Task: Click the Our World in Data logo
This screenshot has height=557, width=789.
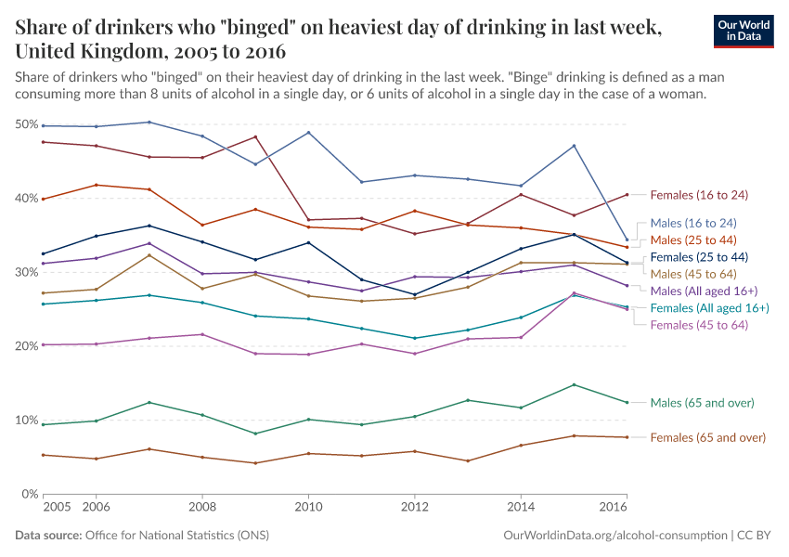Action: (745, 31)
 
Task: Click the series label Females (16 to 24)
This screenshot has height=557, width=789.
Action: (699, 195)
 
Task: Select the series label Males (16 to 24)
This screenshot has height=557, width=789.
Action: (693, 223)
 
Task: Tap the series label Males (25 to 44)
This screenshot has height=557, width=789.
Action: (693, 240)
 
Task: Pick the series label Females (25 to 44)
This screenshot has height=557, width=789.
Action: (699, 256)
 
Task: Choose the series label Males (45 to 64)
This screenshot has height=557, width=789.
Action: (693, 274)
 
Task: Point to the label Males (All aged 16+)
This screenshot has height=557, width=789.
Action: (705, 291)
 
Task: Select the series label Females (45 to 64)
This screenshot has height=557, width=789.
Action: (699, 324)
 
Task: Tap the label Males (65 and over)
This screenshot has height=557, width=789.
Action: (702, 403)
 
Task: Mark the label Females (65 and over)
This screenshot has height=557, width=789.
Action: (707, 437)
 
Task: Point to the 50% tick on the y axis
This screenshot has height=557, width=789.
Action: (26, 124)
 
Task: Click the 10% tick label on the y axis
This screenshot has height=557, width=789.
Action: (26, 420)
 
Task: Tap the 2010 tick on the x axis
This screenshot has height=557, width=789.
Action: (308, 508)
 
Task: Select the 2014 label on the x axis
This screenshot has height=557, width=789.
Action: (521, 508)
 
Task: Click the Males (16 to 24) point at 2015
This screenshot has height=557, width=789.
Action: (575, 146)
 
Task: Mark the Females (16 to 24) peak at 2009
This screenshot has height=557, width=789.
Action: (255, 137)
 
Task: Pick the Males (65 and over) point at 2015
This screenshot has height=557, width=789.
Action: (575, 384)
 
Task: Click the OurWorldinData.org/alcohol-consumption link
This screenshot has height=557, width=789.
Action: (614, 536)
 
